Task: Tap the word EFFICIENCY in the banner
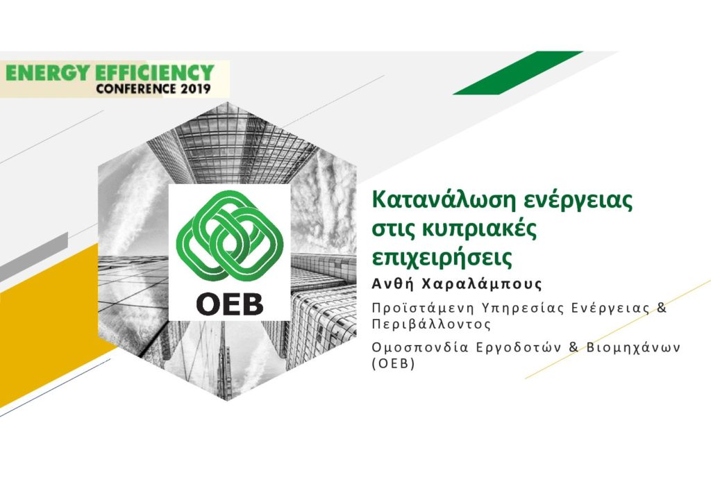155,72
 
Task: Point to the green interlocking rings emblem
229,236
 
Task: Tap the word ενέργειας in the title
578,201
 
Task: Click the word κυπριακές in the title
480,229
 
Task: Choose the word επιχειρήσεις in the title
442,258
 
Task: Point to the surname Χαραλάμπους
482,284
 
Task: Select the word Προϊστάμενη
422,308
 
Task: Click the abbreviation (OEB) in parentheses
393,364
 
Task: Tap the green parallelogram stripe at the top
518,72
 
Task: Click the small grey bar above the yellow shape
34,256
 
